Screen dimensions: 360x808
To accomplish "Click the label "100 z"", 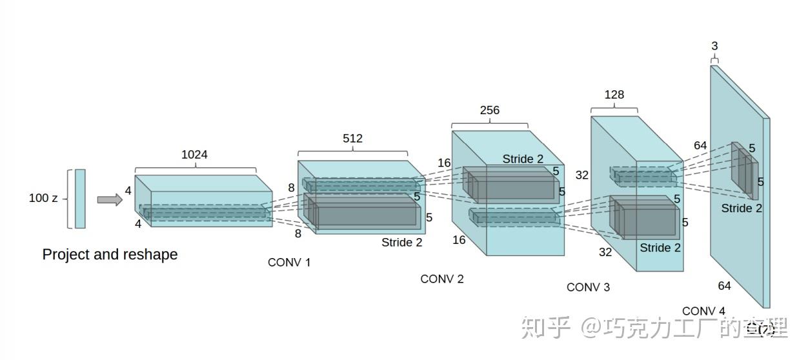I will coord(43,198).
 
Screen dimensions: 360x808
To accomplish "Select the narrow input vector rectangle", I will coord(80,199).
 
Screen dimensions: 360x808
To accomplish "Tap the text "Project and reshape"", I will coord(110,254).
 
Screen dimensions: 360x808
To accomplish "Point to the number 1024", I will coord(194,154).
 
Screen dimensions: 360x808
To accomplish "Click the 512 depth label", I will coord(352,138).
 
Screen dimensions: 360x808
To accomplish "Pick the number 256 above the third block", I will coord(489,110).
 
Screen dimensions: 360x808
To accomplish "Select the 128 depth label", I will coord(614,95).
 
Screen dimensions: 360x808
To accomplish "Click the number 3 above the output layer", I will coord(714,46).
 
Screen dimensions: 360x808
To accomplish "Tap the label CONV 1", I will coord(289,263).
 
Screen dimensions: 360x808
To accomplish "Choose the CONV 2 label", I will coord(442,279).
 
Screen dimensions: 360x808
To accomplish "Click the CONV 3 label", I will coord(588,287).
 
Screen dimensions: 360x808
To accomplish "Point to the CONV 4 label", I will coord(703,310).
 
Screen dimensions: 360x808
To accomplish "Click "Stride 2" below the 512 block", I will coord(401,243).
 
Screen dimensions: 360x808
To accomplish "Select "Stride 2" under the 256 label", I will coord(523,159).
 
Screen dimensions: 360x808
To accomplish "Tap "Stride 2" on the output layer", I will coord(742,208).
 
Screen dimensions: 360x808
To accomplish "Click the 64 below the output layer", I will coord(724,285).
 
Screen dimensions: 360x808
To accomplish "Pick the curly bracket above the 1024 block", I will coord(195,170).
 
